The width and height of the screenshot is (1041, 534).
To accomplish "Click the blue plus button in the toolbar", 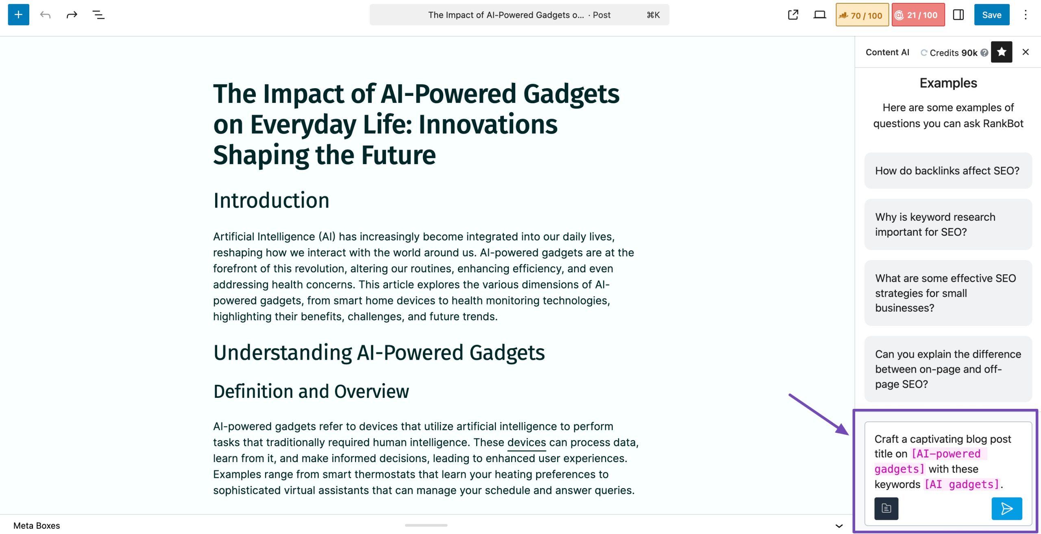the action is click(x=19, y=15).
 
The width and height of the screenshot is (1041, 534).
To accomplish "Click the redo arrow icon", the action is click(x=72, y=15).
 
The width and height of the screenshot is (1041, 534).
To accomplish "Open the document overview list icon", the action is click(x=98, y=15).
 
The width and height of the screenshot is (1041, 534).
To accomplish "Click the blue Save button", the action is click(x=991, y=15).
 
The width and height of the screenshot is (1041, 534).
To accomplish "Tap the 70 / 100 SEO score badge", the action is click(x=862, y=15).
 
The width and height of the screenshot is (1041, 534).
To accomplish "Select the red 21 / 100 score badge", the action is click(x=918, y=15).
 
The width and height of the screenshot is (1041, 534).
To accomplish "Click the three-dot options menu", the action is click(x=1026, y=15).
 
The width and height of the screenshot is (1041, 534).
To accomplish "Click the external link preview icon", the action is click(x=793, y=15).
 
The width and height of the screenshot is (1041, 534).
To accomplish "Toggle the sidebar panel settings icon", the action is click(x=958, y=15).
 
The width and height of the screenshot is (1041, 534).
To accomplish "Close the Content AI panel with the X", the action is click(x=1026, y=52).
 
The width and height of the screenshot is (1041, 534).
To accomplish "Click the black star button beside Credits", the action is click(x=1001, y=52).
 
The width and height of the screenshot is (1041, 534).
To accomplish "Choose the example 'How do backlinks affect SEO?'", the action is click(x=948, y=171).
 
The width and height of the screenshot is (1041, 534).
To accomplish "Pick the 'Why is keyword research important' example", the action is click(x=948, y=224).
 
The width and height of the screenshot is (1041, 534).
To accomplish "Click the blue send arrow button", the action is click(x=1006, y=508).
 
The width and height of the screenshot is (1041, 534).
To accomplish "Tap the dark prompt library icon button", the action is click(x=886, y=508).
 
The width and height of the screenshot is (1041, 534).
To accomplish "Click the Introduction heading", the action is click(x=271, y=200).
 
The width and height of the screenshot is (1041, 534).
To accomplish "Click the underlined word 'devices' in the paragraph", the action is click(x=527, y=442).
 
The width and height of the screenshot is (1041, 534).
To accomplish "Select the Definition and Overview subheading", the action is click(x=311, y=391).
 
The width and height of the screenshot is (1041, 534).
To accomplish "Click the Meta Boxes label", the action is click(x=37, y=525).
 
